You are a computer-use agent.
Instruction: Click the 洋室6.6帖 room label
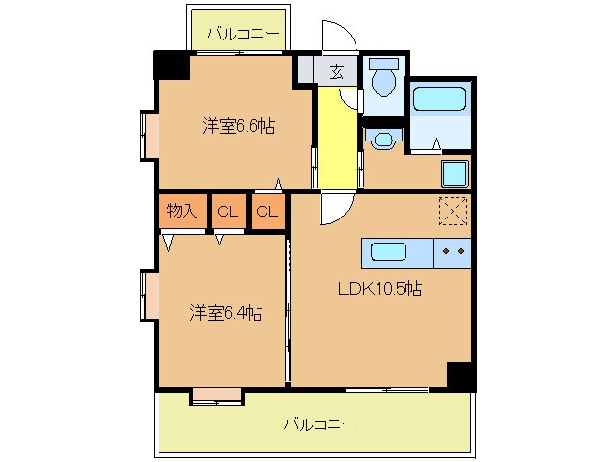pyautogui.click(x=238, y=126)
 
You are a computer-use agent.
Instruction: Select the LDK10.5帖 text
pyautogui.click(x=380, y=288)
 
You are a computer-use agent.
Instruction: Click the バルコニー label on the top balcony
pyautogui.click(x=245, y=35)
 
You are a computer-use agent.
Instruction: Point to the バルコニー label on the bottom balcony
pyautogui.click(x=320, y=423)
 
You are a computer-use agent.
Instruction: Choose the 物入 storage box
pyautogui.click(x=182, y=212)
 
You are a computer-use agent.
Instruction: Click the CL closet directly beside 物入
pyautogui.click(x=228, y=212)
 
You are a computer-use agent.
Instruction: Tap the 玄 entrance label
pyautogui.click(x=336, y=70)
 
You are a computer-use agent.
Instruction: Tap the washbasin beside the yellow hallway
pyautogui.click(x=384, y=140)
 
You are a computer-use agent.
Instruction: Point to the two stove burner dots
pyautogui.click(x=454, y=252)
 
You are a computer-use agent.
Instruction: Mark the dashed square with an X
pyautogui.click(x=453, y=211)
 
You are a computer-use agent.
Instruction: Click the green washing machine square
pyautogui.click(x=454, y=174)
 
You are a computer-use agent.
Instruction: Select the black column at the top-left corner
pyautogui.click(x=171, y=65)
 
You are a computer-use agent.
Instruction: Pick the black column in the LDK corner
pyautogui.click(x=460, y=375)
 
